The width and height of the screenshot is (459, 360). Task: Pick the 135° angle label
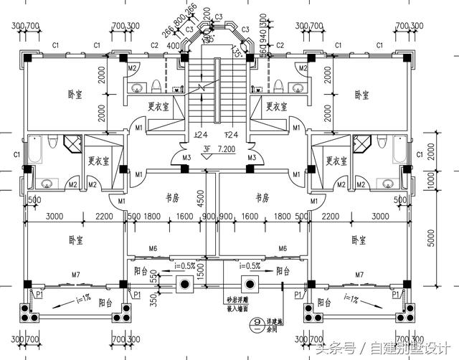click(x=235, y=50)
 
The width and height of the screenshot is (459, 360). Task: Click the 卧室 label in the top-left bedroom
click(x=75, y=94)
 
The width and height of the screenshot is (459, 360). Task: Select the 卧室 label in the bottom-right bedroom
click(x=359, y=239)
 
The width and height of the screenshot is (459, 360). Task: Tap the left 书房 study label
click(x=172, y=197)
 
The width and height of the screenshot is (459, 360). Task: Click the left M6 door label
click(x=153, y=248)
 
